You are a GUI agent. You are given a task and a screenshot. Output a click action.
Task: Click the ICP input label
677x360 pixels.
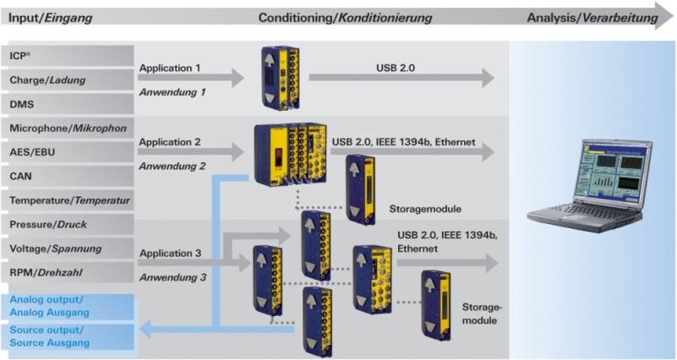(x=22, y=56)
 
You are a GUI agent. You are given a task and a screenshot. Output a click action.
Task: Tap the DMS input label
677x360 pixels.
(x=23, y=104)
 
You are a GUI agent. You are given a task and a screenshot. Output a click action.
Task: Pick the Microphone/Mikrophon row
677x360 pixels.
(x=68, y=128)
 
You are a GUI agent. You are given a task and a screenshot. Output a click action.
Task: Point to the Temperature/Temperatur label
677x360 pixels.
(x=69, y=201)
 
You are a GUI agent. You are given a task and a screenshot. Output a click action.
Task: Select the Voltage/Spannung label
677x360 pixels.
(x=56, y=248)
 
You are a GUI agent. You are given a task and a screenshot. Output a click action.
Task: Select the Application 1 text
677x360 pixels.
(x=170, y=68)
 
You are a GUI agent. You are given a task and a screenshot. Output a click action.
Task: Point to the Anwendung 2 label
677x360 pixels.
(x=172, y=166)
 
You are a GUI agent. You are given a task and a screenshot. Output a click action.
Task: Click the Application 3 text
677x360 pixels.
(x=170, y=252)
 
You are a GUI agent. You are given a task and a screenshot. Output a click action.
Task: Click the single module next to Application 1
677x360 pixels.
(x=279, y=77)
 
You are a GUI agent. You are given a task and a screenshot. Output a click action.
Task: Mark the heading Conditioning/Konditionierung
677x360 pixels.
(x=345, y=18)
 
